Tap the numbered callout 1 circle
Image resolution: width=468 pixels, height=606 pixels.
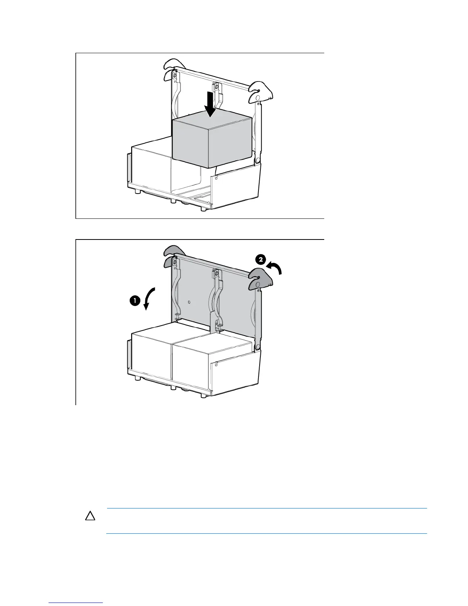pyautogui.click(x=135, y=301)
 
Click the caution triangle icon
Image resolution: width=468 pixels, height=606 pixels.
pyautogui.click(x=90, y=516)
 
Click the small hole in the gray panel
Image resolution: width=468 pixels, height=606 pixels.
pyautogui.click(x=190, y=302)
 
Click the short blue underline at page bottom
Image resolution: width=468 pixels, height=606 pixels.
pyautogui.click(x=76, y=603)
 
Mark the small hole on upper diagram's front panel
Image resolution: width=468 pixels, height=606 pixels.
pyautogui.click(x=216, y=178)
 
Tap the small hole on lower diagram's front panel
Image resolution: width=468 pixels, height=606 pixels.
pyautogui.click(x=216, y=365)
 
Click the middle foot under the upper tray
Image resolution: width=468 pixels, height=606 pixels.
pyautogui.click(x=173, y=200)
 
